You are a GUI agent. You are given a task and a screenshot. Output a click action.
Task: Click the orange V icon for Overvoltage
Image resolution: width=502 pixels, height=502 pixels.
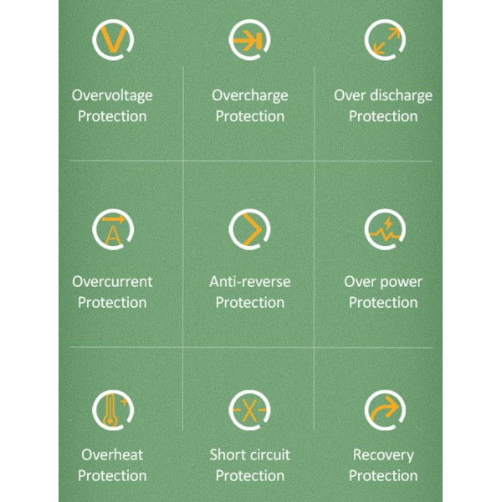[113, 39]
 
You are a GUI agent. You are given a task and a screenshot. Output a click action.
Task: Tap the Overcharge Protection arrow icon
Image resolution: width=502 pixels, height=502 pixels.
[249, 39]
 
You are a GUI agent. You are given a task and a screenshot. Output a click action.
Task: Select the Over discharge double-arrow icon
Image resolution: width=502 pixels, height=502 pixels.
[385, 39]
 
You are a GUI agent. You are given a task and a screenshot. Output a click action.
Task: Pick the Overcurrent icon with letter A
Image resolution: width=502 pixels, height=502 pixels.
[113, 229]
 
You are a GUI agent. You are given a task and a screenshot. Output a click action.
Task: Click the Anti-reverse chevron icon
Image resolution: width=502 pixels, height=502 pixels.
[249, 229]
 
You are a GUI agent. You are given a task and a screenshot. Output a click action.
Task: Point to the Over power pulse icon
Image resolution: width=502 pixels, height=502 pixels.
[385, 229]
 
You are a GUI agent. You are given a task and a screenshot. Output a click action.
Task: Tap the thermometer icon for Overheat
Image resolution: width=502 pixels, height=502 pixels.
[113, 410]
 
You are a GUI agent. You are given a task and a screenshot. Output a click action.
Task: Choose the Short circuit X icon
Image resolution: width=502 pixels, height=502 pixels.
[249, 410]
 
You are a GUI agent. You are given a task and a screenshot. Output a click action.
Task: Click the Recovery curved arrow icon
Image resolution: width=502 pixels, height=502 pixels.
[385, 410]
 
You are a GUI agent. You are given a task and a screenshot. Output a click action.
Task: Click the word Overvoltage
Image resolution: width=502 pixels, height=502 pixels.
[112, 96]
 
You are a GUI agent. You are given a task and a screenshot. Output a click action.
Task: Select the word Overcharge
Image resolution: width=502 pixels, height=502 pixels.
[249, 96]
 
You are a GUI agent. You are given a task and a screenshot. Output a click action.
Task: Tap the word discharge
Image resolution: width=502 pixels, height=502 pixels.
[401, 96]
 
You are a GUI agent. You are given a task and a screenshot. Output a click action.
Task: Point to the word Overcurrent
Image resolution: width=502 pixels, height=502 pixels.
[112, 282]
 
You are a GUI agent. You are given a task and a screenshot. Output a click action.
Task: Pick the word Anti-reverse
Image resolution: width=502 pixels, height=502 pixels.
[249, 282]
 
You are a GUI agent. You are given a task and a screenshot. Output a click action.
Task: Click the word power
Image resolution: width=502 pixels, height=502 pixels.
[401, 283]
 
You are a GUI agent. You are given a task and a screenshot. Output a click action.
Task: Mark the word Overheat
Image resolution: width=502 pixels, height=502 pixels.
[112, 454]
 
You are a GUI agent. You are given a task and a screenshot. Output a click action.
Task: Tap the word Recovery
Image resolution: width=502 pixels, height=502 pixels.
[383, 456]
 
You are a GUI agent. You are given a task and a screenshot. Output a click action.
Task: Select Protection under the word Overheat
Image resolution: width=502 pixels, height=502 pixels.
[112, 475]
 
